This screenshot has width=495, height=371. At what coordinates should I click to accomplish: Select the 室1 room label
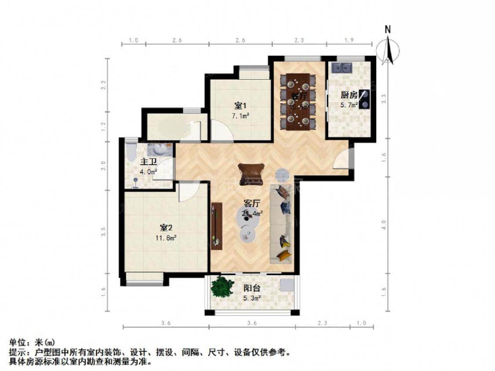coord(240,106)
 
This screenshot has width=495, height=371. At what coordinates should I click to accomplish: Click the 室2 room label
coord(166,228)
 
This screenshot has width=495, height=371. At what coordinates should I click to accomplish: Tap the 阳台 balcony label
coord(252,289)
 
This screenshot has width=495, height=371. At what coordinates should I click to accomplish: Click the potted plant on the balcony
coord(222,286)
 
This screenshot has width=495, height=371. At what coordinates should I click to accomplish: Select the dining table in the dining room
coord(298,102)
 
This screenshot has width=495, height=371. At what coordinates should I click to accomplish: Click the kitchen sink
coord(341,68)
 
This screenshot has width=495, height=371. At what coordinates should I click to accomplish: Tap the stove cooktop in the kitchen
coord(364,99)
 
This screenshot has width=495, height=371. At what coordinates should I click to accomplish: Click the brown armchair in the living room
coord(252,173)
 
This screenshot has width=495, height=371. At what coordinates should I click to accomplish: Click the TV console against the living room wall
coord(215,226)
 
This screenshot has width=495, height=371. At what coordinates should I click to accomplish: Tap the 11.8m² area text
coord(168,238)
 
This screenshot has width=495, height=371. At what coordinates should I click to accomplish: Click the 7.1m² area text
coord(241,116)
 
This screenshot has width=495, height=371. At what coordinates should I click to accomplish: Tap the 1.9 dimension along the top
coord(349,40)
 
